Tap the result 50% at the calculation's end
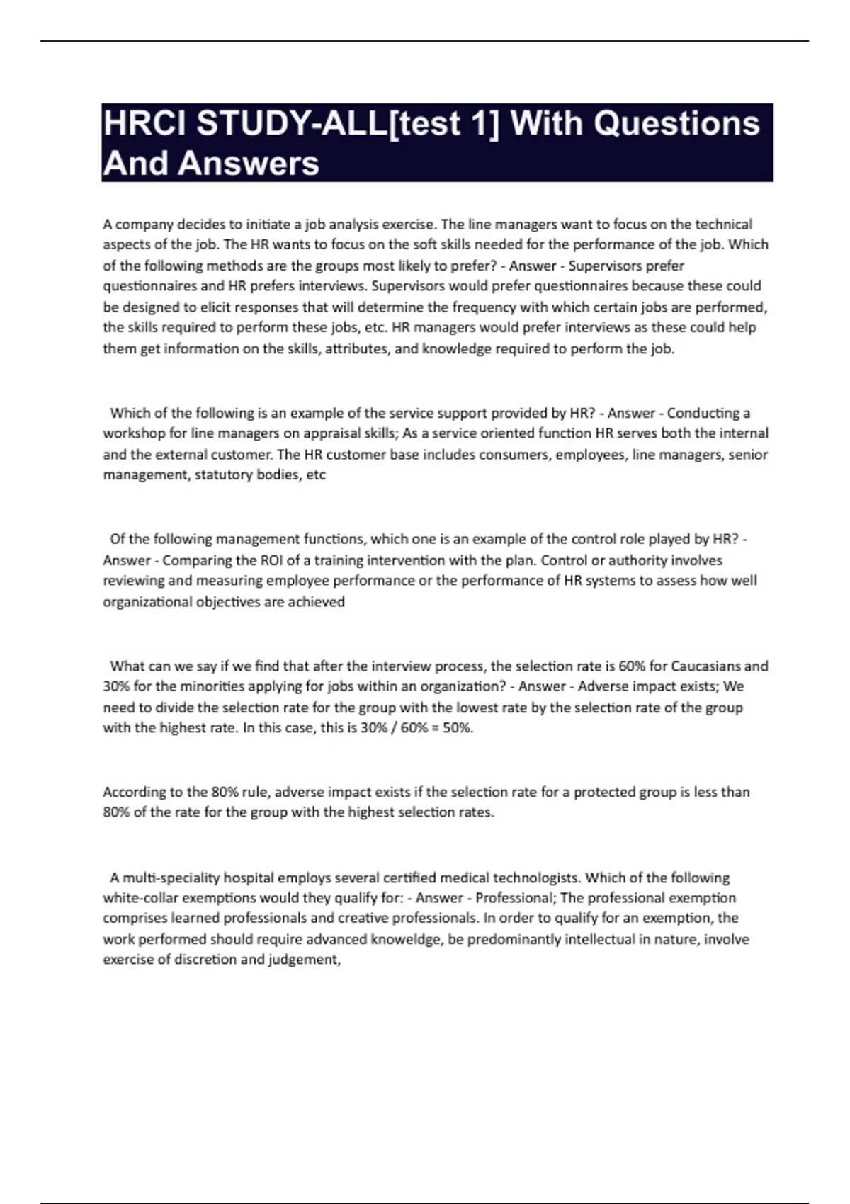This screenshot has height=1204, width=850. click(x=458, y=728)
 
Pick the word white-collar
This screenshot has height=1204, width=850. click(x=140, y=898)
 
